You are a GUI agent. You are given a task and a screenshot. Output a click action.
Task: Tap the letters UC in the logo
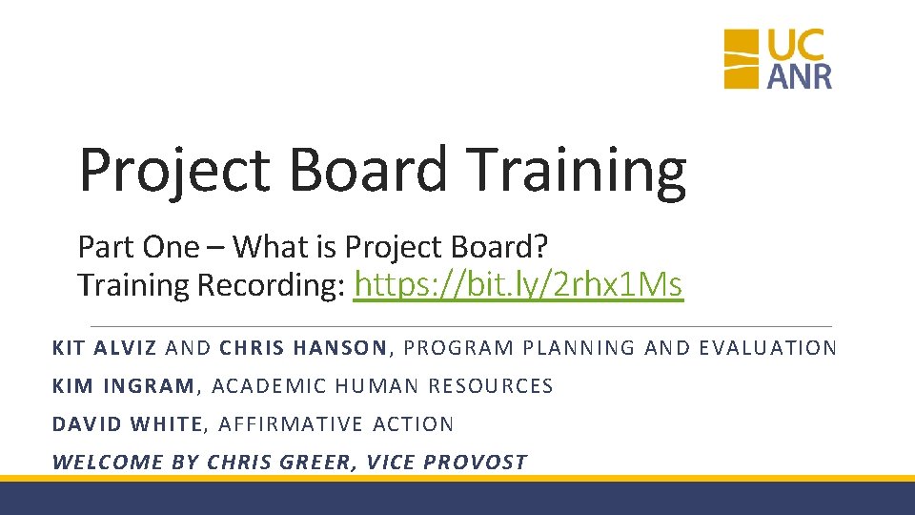click(799, 44)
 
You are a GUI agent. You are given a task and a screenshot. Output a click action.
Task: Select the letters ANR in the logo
click(799, 75)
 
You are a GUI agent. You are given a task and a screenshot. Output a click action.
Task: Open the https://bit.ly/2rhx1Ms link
click(518, 284)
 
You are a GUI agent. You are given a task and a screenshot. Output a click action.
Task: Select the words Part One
click(138, 247)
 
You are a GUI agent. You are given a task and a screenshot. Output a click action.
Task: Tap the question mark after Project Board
click(541, 247)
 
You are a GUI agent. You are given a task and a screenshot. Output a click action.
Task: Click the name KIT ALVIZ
click(105, 348)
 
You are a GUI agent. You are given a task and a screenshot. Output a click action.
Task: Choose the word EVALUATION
click(767, 348)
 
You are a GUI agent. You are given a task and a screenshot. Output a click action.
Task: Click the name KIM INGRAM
click(123, 386)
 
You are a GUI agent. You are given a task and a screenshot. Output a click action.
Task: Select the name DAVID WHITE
click(128, 424)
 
